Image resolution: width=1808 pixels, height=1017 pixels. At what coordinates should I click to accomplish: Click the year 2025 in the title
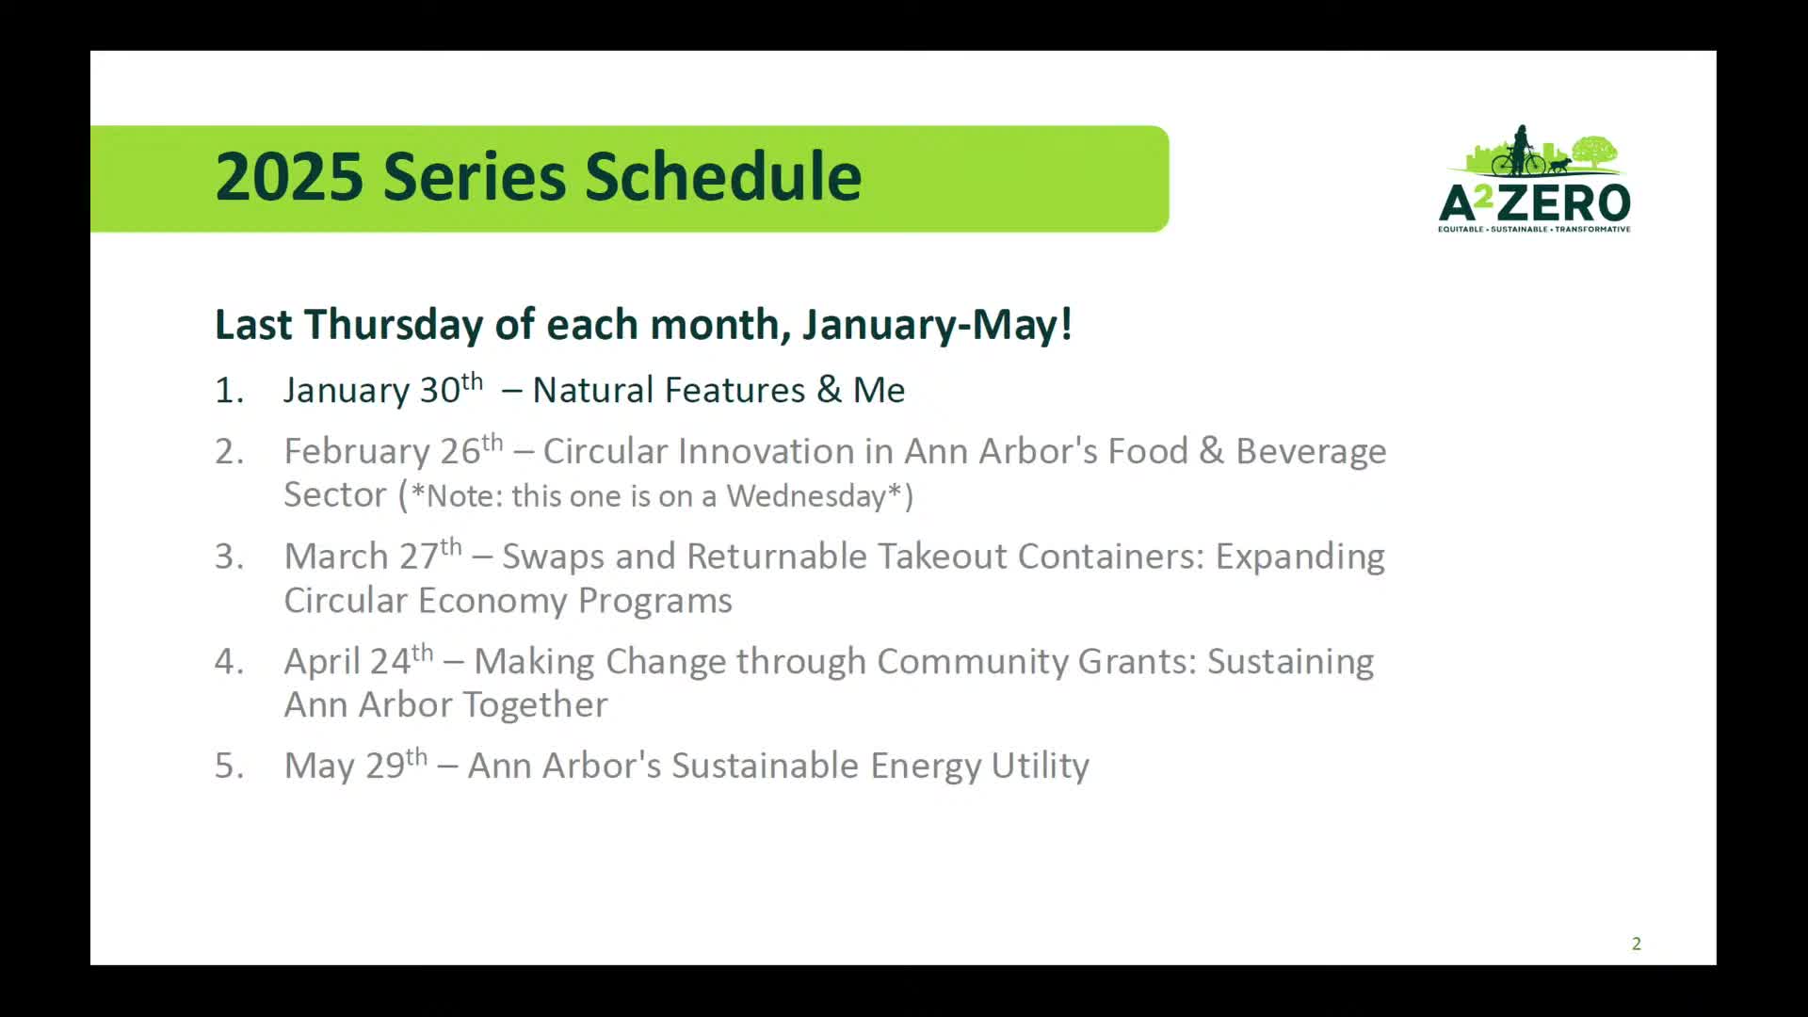[289, 176]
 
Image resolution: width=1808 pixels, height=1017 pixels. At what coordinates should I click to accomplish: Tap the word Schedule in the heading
[722, 176]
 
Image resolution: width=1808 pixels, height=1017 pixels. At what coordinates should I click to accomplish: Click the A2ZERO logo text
[1534, 203]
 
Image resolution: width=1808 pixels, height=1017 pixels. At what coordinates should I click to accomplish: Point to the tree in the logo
[1594, 153]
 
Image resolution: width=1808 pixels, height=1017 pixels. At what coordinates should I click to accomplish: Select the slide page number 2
[1637, 944]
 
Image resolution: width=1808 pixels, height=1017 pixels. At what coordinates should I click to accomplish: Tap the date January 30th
[383, 389]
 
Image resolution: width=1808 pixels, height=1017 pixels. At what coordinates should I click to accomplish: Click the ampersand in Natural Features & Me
[829, 390]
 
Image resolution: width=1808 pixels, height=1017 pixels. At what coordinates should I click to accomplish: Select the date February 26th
[394, 450]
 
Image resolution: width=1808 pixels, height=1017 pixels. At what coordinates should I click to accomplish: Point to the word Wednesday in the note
[806, 495]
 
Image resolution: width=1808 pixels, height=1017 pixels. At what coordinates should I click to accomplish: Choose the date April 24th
[359, 660]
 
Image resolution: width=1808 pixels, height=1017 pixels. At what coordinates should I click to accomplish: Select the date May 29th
[356, 765]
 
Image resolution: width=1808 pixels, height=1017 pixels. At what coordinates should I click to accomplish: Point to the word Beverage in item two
[1311, 452]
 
